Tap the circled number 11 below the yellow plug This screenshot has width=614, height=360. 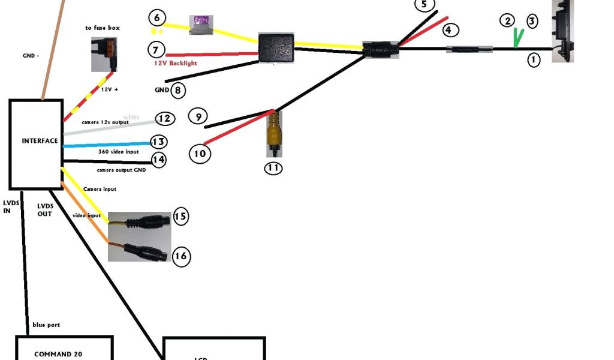(273, 167)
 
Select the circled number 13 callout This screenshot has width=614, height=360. (158, 142)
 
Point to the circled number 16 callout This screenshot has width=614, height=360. (181, 257)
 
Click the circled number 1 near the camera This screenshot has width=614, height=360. (533, 59)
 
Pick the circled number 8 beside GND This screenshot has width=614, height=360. (178, 91)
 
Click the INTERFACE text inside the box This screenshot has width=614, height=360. (40, 141)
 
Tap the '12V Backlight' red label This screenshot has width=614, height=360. (174, 63)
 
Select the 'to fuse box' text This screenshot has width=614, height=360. (103, 28)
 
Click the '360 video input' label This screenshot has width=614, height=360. (119, 152)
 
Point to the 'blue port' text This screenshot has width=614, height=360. (46, 325)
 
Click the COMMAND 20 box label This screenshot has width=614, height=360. (58, 354)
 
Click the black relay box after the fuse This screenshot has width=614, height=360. (276, 46)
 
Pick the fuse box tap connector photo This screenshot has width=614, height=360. (103, 54)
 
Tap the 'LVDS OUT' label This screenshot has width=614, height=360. (46, 209)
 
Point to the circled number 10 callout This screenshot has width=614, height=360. (200, 154)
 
